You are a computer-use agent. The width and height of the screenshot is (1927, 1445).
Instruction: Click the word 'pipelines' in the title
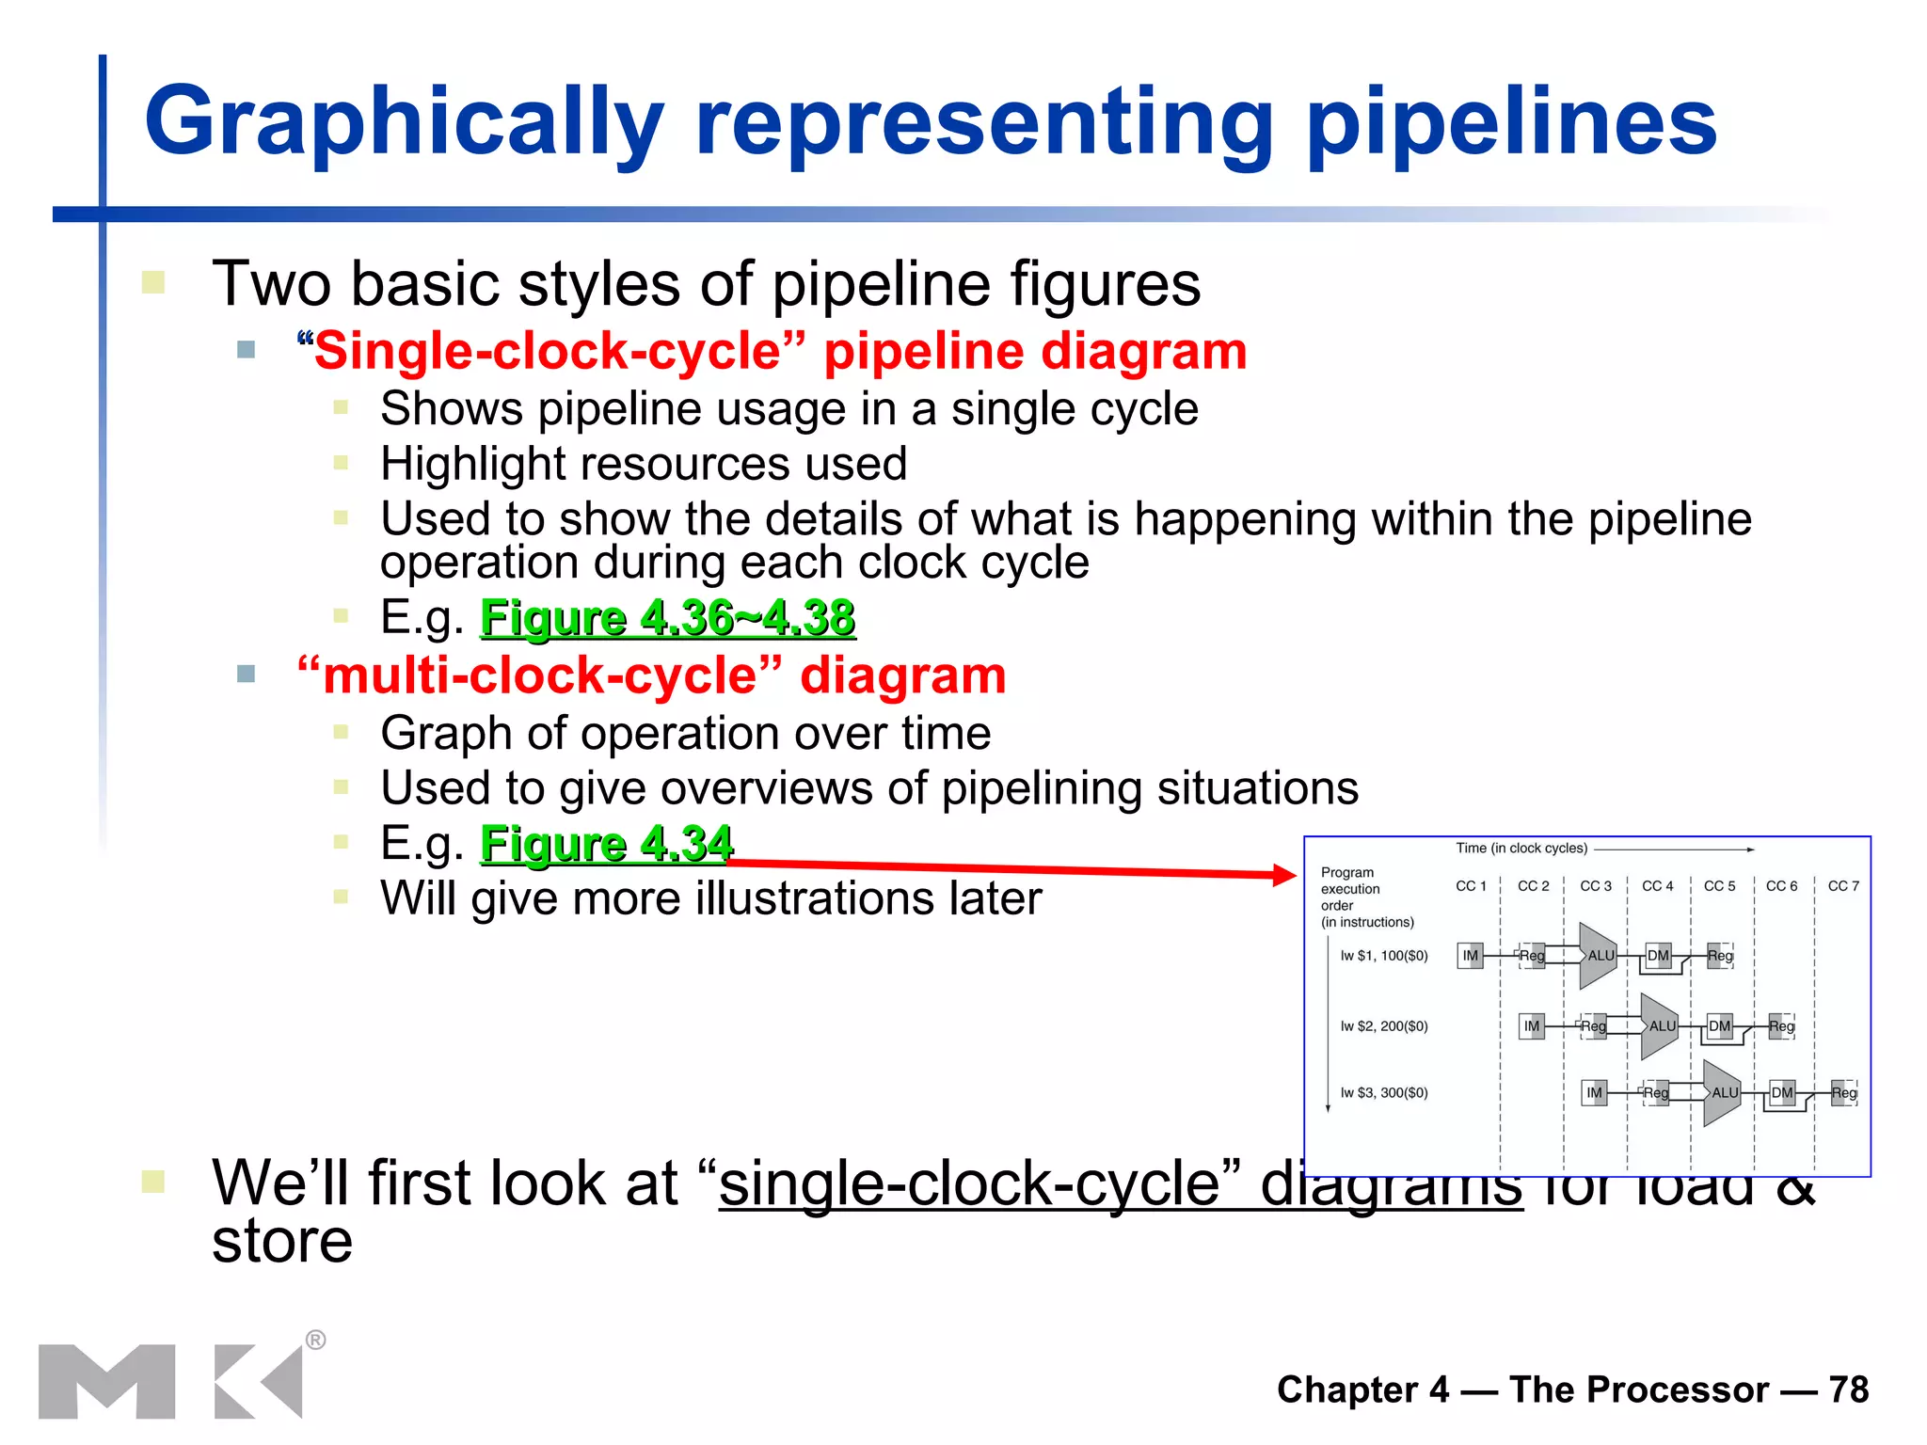pyautogui.click(x=1511, y=123)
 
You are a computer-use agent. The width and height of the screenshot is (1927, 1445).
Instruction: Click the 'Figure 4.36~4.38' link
pyautogui.click(x=667, y=618)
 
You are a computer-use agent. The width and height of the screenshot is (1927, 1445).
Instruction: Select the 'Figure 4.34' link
pyautogui.click(x=606, y=843)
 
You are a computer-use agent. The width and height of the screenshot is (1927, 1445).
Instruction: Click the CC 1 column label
pyautogui.click(x=1471, y=886)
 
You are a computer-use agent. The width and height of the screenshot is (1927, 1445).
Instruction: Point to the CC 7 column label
pyautogui.click(x=1843, y=886)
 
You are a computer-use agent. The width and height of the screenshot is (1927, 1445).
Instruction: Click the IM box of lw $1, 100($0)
pyautogui.click(x=1470, y=956)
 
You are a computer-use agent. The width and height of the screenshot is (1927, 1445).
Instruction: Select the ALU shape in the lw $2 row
pyautogui.click(x=1660, y=1026)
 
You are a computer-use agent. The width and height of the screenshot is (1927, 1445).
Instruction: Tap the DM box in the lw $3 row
pyautogui.click(x=1781, y=1093)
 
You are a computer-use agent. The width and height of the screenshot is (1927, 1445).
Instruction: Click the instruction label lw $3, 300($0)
pyautogui.click(x=1384, y=1093)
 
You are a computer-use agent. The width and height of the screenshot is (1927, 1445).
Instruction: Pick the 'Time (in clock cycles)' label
pyautogui.click(x=1521, y=849)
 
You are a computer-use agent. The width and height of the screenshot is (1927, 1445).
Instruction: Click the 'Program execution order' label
pyautogui.click(x=1351, y=889)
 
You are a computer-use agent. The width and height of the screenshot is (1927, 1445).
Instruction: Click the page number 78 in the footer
pyautogui.click(x=1848, y=1389)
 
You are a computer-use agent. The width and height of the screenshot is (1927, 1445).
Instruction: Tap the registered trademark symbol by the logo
pyautogui.click(x=316, y=1340)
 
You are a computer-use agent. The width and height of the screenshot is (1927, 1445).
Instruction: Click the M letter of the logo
pyautogui.click(x=106, y=1381)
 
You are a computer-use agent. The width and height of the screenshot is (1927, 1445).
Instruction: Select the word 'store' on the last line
pyautogui.click(x=282, y=1242)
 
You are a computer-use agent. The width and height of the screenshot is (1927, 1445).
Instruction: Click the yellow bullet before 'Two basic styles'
pyautogui.click(x=153, y=282)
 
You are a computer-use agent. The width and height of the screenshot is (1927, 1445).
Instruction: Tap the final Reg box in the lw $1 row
pyautogui.click(x=1720, y=956)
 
